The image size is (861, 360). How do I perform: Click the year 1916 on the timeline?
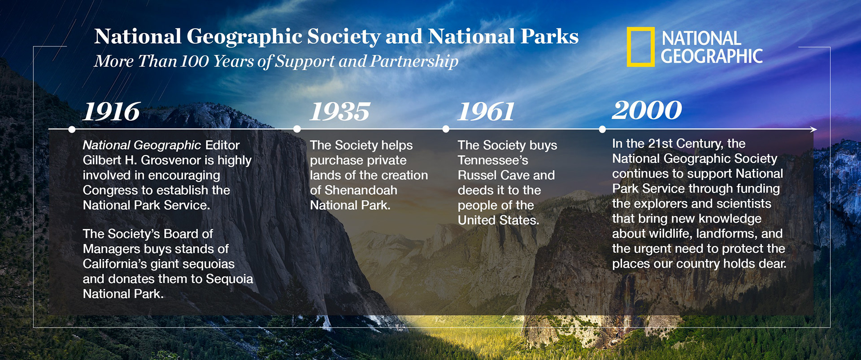[x=112, y=112]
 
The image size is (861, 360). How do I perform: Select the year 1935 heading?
[x=340, y=112]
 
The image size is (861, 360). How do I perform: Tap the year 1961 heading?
[x=486, y=112]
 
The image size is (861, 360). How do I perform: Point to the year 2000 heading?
[x=647, y=110]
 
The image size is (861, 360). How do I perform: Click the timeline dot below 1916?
[x=72, y=129]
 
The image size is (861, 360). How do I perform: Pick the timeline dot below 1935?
[x=297, y=129]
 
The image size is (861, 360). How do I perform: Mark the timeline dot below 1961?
[x=446, y=129]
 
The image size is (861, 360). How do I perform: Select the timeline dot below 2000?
[x=602, y=129]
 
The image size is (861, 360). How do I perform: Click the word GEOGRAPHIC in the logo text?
[x=712, y=56]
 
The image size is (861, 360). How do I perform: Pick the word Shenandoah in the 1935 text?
[x=361, y=190]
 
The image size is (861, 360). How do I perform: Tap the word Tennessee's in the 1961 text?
[x=493, y=160]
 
